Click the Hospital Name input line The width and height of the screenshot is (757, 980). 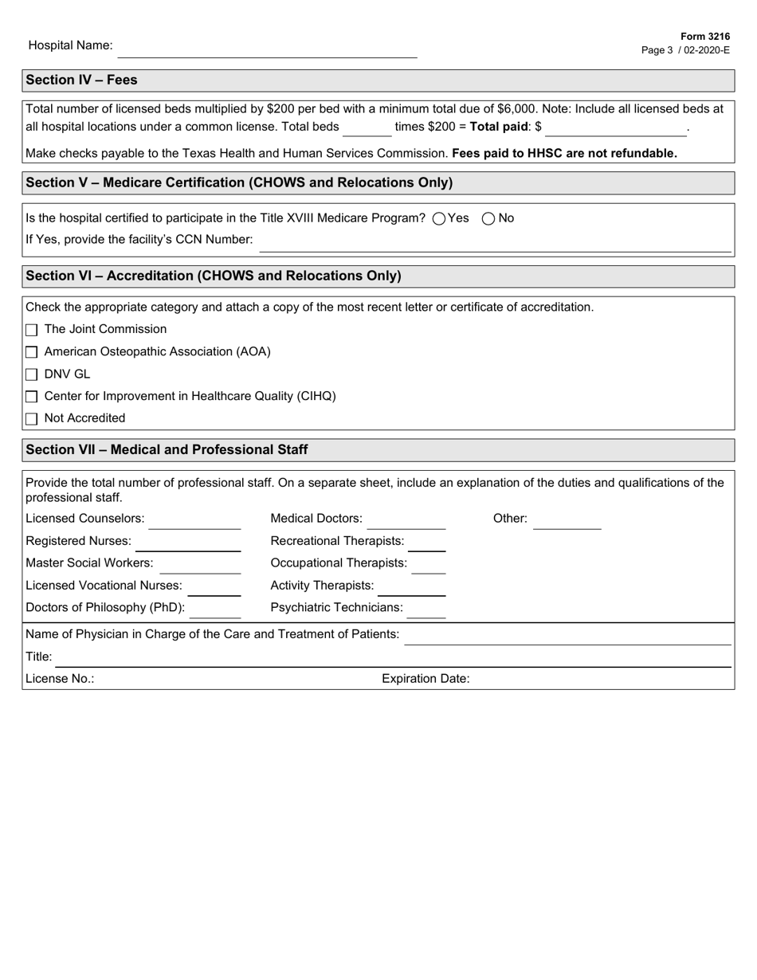pyautogui.click(x=267, y=49)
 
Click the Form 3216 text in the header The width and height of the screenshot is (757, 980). pyautogui.click(x=705, y=37)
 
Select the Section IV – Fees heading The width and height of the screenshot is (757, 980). pyautogui.click(x=81, y=80)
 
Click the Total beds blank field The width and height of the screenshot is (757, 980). pyautogui.click(x=367, y=127)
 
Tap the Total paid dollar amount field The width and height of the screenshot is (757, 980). pyautogui.click(x=615, y=127)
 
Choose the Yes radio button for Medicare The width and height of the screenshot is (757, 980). pyautogui.click(x=439, y=219)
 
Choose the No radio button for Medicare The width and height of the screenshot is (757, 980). pyautogui.click(x=489, y=219)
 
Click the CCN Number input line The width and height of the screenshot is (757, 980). pyautogui.click(x=494, y=243)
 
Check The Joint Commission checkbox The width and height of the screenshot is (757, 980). pyautogui.click(x=32, y=330)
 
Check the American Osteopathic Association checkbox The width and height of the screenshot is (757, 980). pyautogui.click(x=32, y=352)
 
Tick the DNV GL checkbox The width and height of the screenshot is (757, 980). pyautogui.click(x=32, y=374)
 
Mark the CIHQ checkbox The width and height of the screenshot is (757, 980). pyautogui.click(x=32, y=397)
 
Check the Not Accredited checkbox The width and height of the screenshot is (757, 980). pyautogui.click(x=32, y=419)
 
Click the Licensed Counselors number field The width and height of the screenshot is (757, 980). pyautogui.click(x=194, y=521)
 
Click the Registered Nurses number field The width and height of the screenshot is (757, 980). pyautogui.click(x=187, y=543)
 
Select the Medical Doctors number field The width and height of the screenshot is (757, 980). pyautogui.click(x=406, y=521)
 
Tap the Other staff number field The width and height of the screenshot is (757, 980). pyautogui.click(x=567, y=521)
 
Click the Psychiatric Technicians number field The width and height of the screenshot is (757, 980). pyautogui.click(x=426, y=610)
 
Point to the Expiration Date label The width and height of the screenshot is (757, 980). pyautogui.click(x=426, y=679)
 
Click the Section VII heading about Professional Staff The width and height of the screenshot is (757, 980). pyautogui.click(x=167, y=449)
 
